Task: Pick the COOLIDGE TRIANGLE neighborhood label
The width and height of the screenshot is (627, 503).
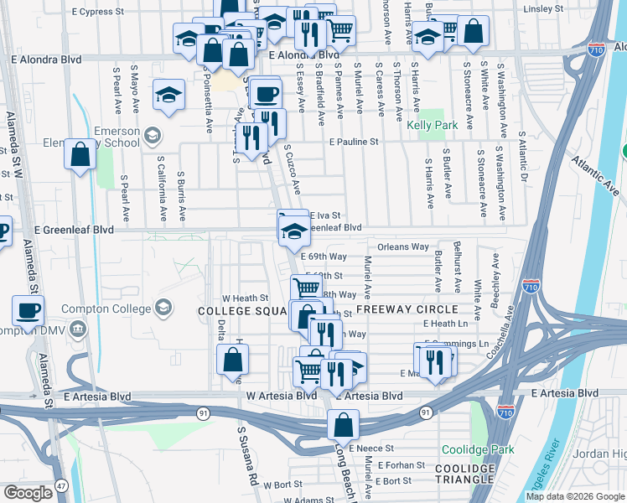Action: (464, 474)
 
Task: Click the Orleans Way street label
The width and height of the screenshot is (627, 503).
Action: (403, 247)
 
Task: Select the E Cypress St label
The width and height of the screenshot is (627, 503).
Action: (97, 13)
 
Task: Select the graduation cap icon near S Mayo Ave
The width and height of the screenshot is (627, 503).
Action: (168, 95)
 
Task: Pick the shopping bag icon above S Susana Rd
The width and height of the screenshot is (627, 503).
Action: (232, 359)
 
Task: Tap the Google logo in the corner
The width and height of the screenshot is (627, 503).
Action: (28, 493)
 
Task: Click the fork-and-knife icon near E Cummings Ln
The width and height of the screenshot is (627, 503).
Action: (434, 361)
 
